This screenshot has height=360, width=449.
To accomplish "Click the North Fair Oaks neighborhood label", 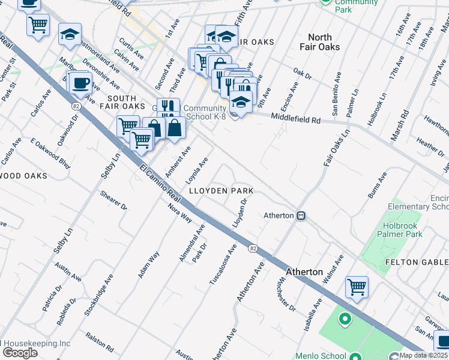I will [320, 41].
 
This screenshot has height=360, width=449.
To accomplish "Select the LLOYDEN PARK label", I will [221, 191].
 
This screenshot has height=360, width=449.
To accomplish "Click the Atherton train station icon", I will [301, 215].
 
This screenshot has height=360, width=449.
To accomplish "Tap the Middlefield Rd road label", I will [295, 119].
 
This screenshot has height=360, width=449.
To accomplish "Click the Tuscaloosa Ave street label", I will [223, 264].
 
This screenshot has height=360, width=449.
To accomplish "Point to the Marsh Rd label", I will [400, 125].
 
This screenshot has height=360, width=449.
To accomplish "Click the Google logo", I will [19, 353].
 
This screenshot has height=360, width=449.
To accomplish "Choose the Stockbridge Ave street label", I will [99, 295].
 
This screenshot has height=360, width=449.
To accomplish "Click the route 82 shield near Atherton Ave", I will [254, 248].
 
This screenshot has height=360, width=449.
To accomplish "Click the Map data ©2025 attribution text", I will [423, 355].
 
